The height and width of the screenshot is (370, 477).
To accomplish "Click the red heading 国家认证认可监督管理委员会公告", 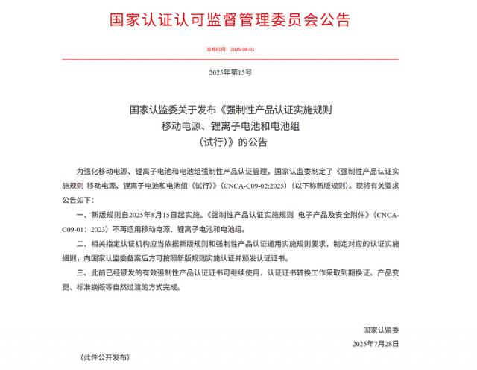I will [238, 18].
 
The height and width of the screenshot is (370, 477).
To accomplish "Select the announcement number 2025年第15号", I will [238, 73].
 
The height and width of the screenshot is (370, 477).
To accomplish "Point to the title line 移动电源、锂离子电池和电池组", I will [238, 125].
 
